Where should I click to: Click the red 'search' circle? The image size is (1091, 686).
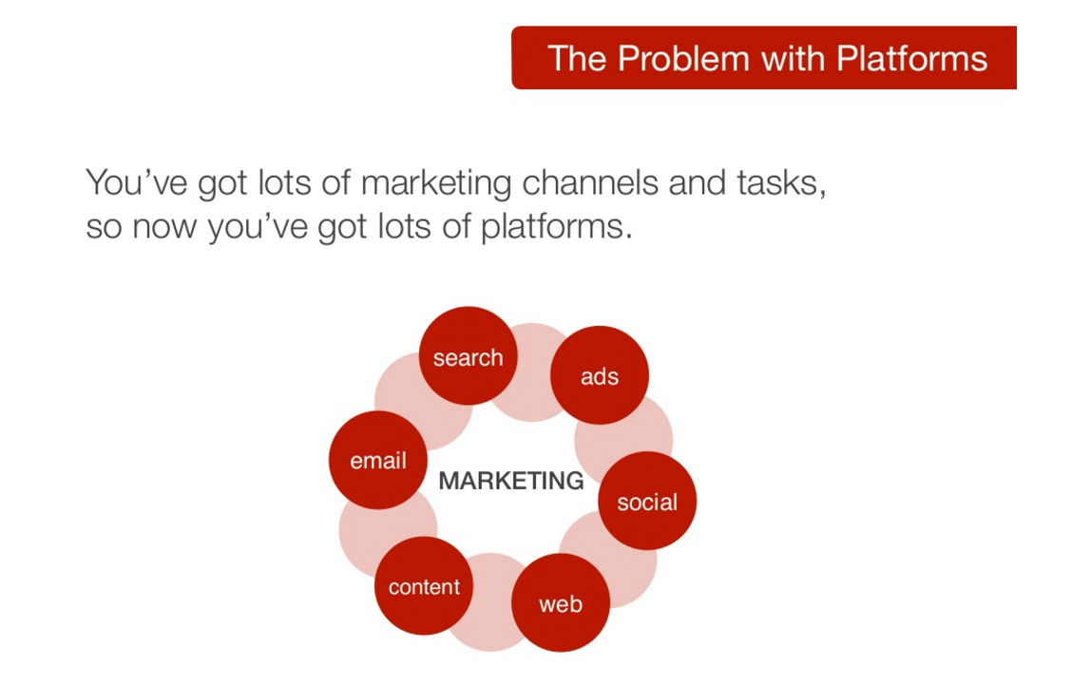pyautogui.click(x=469, y=355)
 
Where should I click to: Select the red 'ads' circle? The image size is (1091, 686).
pyautogui.click(x=600, y=375)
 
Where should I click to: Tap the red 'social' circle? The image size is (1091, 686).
pyautogui.click(x=647, y=501)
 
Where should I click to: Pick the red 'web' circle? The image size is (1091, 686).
pyautogui.click(x=561, y=602)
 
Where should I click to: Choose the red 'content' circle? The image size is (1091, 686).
pyautogui.click(x=424, y=586)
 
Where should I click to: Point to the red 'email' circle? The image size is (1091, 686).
pyautogui.click(x=378, y=460)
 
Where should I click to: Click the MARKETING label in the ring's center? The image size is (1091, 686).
pyautogui.click(x=511, y=481)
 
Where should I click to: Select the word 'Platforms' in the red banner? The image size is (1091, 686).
pyautogui.click(x=912, y=59)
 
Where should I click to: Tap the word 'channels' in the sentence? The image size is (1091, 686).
pyautogui.click(x=590, y=183)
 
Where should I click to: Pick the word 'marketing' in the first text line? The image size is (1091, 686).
pyautogui.click(x=437, y=184)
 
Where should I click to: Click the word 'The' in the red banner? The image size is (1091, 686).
pyautogui.click(x=576, y=59)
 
